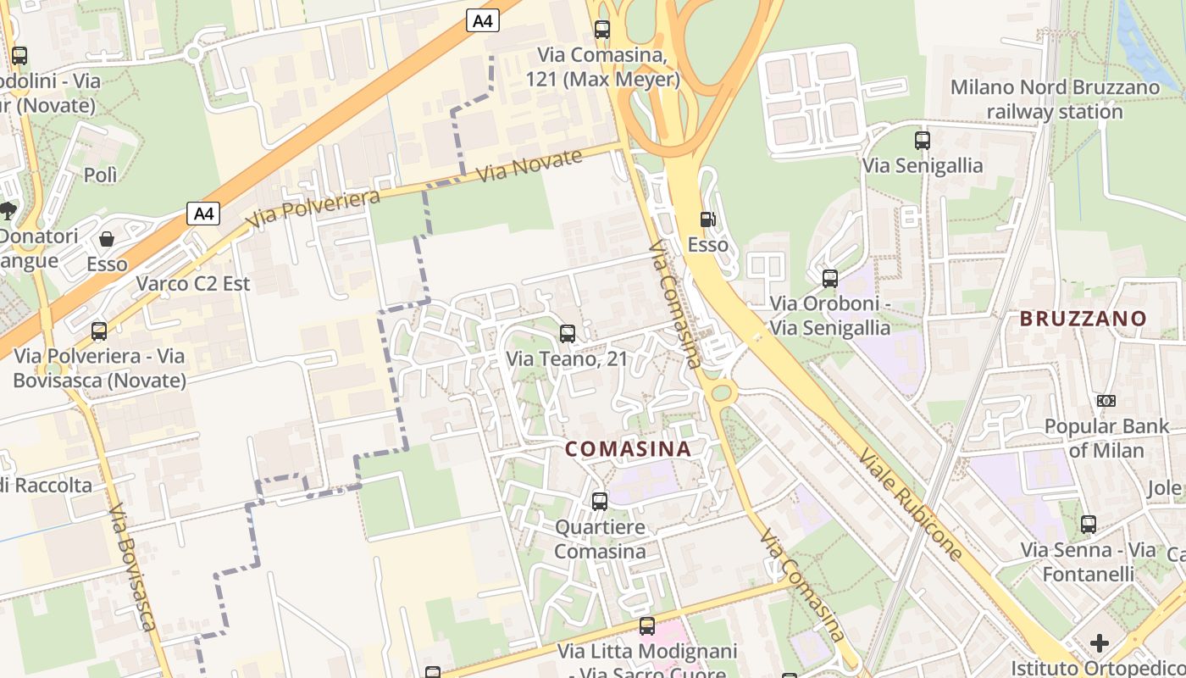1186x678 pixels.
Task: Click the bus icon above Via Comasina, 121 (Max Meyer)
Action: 602,30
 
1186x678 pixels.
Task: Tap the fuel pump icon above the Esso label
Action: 708,220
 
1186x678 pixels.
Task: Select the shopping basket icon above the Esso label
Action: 107,240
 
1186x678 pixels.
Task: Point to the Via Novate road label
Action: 529,165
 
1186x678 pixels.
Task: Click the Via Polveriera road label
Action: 313,208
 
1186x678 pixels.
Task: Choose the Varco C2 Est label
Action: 194,283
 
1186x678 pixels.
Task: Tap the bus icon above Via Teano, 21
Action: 568,334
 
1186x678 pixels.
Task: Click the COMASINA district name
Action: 628,449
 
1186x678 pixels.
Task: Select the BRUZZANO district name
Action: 1083,320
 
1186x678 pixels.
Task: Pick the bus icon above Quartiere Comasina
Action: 600,502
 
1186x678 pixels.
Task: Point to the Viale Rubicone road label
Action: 911,504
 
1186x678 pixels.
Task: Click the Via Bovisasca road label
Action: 133,568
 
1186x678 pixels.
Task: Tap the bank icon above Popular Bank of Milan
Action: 1106,401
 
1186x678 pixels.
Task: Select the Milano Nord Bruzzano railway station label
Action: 1055,99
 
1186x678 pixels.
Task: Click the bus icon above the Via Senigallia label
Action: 923,141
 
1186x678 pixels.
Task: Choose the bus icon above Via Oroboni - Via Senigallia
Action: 830,279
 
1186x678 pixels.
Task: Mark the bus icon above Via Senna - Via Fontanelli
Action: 1089,525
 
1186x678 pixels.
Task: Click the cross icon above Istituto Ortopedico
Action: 1100,643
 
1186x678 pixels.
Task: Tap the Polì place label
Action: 100,175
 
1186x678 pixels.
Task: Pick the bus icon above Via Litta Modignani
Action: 647,626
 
